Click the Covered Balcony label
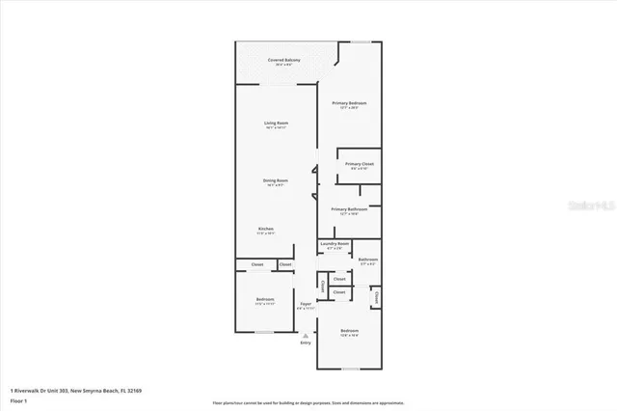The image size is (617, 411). [283, 61]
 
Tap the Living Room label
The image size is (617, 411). [277, 123]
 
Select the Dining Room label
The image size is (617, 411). [277, 180]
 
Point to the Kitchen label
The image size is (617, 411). [265, 229]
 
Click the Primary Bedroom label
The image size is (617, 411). [349, 103]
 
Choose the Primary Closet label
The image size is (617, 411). [360, 164]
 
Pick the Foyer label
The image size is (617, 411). [306, 304]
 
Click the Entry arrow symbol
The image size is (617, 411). [306, 334]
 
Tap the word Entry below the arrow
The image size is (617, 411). [306, 342]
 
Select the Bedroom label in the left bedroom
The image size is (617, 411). [264, 299]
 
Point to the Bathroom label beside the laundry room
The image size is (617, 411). [367, 259]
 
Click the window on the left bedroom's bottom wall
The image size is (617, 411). [262, 334]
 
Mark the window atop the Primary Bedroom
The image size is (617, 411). [359, 41]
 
